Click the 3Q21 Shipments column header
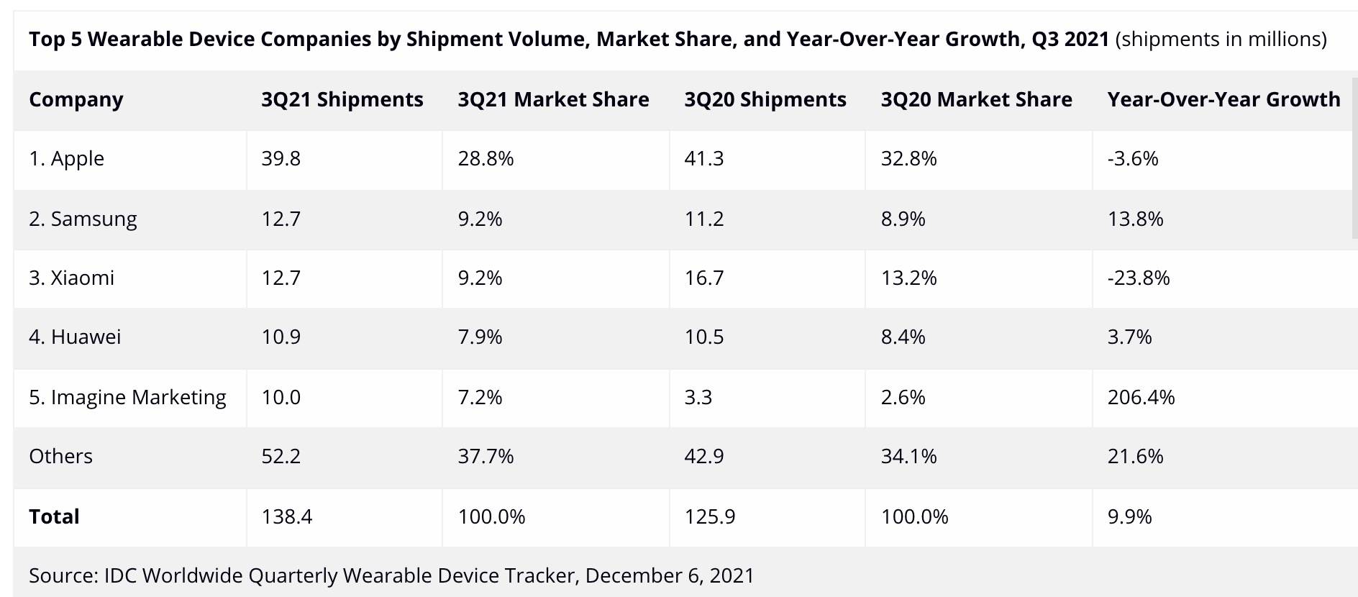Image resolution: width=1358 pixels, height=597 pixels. (342, 99)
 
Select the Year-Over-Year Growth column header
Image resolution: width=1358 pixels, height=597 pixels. (1223, 99)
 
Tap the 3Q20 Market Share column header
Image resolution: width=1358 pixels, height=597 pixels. (976, 99)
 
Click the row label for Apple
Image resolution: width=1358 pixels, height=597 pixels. (66, 158)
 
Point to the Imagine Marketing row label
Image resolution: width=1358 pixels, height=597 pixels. (127, 397)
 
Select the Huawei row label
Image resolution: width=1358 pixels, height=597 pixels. (75, 337)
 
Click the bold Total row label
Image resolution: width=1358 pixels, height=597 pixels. (54, 516)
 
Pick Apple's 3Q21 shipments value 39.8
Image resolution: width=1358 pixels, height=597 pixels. (281, 158)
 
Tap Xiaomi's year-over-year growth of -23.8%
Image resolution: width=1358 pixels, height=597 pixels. (1138, 278)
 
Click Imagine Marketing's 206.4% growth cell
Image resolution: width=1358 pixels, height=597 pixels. (1141, 397)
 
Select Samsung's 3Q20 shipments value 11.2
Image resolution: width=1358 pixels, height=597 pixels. (703, 219)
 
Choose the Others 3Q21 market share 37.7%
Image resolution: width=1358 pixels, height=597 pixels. (486, 456)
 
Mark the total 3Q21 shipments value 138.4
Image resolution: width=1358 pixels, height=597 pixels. (286, 516)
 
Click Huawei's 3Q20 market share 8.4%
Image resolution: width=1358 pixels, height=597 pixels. (903, 337)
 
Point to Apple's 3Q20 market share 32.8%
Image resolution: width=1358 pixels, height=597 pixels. (908, 158)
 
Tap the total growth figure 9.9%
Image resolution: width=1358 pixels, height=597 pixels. (1129, 516)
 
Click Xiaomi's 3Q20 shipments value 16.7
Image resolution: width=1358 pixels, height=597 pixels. (703, 278)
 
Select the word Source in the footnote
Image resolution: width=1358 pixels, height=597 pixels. (61, 575)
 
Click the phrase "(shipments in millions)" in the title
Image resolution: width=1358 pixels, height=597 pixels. (1221, 39)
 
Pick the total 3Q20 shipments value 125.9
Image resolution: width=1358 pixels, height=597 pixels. (709, 516)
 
